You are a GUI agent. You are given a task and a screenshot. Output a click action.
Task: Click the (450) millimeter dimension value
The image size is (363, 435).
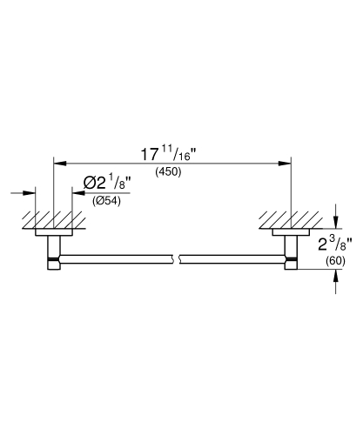(169, 172)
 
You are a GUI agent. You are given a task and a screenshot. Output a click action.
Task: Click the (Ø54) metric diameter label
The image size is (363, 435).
(106, 201)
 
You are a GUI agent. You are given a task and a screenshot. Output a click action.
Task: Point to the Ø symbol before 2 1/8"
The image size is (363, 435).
(91, 183)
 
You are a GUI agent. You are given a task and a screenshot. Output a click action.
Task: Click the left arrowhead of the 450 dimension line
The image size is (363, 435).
(59, 162)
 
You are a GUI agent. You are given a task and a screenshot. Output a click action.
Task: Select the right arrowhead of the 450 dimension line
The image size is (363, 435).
(286, 162)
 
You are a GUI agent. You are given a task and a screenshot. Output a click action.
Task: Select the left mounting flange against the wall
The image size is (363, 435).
(53, 231)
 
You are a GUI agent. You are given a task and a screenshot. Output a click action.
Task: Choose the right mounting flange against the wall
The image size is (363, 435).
(291, 231)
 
